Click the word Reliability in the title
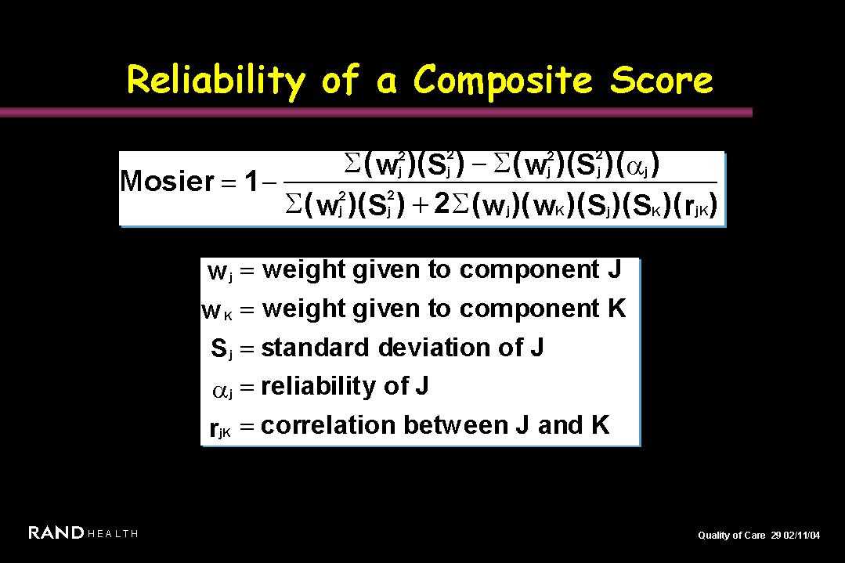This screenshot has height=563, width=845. point(215,81)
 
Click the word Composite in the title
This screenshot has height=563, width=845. point(503,81)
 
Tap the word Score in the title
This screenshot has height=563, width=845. point(661,80)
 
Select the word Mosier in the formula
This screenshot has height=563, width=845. point(167,181)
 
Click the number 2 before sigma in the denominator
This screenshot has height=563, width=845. point(442,204)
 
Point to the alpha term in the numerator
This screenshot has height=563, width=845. point(642,166)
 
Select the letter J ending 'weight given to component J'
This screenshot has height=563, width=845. point(614,269)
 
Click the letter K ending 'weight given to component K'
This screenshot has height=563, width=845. point(617,309)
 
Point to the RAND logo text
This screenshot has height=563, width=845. point(56,532)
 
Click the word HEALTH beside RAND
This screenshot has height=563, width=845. point(113,534)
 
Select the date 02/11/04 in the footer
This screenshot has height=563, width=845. point(802,535)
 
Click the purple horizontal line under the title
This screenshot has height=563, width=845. point(376,112)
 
